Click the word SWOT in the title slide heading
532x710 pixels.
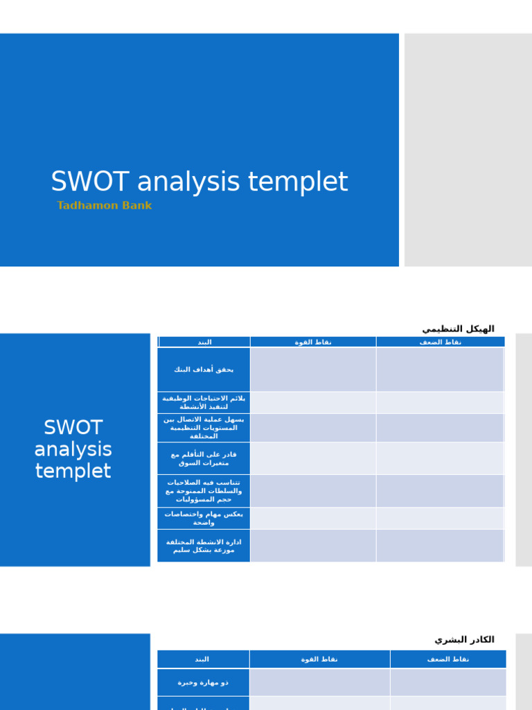click(90, 182)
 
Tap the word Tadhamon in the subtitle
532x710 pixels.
click(87, 206)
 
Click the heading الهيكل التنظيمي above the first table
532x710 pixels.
click(458, 329)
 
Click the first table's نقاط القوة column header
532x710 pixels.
click(313, 342)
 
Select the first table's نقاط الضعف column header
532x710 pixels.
click(440, 342)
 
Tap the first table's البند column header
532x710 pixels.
click(204, 342)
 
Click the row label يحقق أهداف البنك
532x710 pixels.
click(204, 370)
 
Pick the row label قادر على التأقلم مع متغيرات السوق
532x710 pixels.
click(204, 458)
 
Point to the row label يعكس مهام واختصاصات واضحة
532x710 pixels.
click(204, 518)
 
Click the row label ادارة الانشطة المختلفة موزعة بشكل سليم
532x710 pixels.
click(204, 546)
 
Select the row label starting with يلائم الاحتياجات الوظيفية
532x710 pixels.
click(204, 402)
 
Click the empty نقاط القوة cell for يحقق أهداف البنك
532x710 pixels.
click(313, 370)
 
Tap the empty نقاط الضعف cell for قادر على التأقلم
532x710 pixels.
click(440, 458)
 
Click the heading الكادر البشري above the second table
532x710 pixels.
click(464, 639)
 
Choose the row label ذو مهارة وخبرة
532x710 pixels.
click(203, 682)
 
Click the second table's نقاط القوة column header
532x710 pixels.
click(319, 659)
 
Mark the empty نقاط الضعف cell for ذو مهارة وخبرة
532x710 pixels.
click(447, 682)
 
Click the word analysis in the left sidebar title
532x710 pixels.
click(73, 449)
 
